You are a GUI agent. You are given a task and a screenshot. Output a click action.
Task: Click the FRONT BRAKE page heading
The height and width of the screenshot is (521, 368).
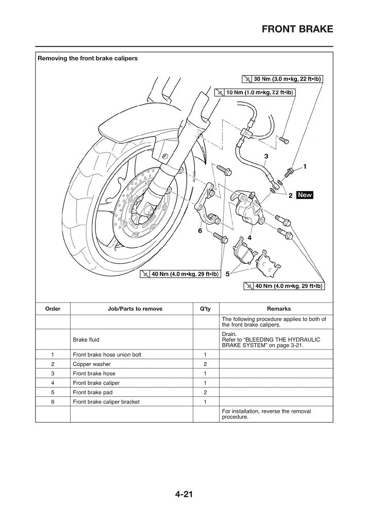tap(297, 29)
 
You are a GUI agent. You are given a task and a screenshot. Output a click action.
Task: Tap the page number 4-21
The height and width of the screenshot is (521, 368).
tap(183, 495)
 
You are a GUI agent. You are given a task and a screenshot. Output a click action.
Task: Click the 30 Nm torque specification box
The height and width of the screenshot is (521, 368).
tap(282, 79)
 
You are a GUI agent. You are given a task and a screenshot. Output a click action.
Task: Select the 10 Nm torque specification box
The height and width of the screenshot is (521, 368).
tap(255, 93)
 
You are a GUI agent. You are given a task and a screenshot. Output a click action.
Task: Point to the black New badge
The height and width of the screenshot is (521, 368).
tap(305, 195)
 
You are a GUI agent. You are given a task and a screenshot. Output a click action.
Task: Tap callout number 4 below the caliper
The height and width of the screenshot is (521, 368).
tap(249, 238)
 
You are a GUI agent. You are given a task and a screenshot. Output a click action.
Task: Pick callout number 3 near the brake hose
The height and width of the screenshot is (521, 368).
tap(266, 156)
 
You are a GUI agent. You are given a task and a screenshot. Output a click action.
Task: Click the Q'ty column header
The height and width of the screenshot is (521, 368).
tap(205, 309)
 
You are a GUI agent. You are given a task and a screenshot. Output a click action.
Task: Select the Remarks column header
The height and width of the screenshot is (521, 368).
tap(278, 309)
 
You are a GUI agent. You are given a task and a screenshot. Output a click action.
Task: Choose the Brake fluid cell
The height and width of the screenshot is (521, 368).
tap(86, 340)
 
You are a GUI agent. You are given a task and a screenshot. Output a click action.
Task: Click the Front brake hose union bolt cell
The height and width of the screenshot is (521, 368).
tap(107, 355)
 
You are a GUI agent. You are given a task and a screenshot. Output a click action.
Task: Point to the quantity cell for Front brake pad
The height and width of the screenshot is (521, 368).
tap(205, 392)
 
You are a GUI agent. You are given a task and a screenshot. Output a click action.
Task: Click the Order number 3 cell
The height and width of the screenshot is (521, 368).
tap(53, 373)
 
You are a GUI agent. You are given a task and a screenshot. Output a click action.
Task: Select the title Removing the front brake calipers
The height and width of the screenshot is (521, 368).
tap(88, 59)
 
